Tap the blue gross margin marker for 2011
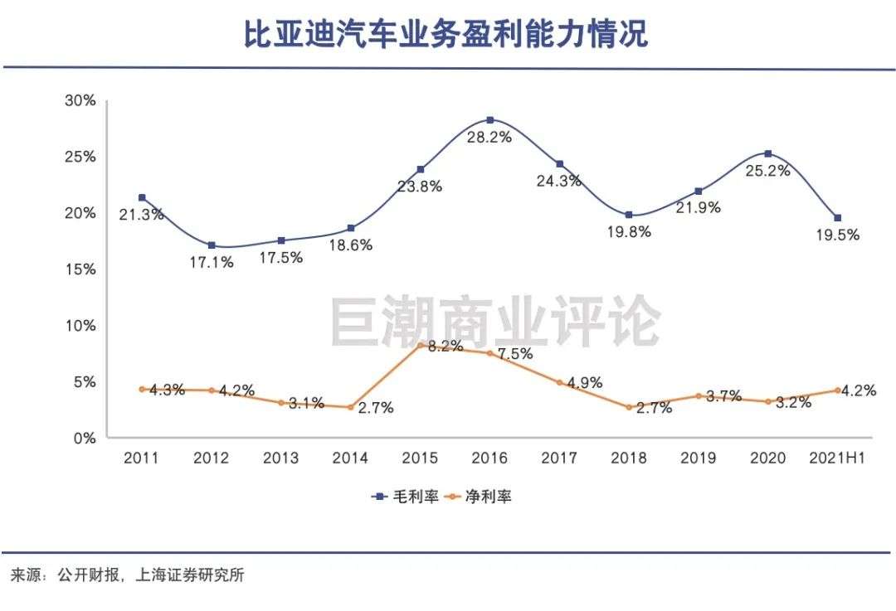[142, 197]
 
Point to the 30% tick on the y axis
[80, 100]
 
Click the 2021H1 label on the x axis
[837, 458]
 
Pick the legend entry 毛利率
[406, 497]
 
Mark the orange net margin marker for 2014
[351, 407]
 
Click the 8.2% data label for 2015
[445, 347]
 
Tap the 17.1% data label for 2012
[212, 262]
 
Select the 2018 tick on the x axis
[629, 458]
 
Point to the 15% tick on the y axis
[80, 269]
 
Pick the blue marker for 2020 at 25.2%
[768, 153]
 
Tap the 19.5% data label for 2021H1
[838, 235]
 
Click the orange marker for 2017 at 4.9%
[559, 383]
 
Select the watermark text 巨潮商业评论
[495, 322]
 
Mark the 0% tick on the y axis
[85, 438]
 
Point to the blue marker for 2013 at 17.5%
[281, 240]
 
